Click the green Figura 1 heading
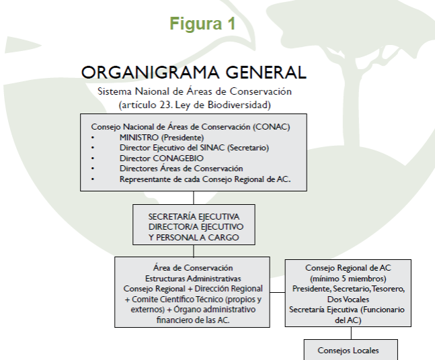(202, 24)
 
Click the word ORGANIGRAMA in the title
(150, 73)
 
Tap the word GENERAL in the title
(266, 73)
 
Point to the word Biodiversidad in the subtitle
(239, 105)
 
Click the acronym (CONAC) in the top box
(272, 127)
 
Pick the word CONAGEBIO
(178, 159)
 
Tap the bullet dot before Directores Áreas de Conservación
(93, 169)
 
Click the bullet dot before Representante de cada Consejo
(93, 179)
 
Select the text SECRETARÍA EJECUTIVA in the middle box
(194, 216)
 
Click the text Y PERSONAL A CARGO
(194, 238)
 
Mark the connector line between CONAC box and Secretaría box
(194, 197)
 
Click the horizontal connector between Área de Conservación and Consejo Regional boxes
(278, 292)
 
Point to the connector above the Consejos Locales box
(351, 333)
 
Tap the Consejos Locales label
(348, 351)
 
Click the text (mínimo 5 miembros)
(348, 278)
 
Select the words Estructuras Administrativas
(193, 279)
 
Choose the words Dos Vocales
(348, 300)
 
